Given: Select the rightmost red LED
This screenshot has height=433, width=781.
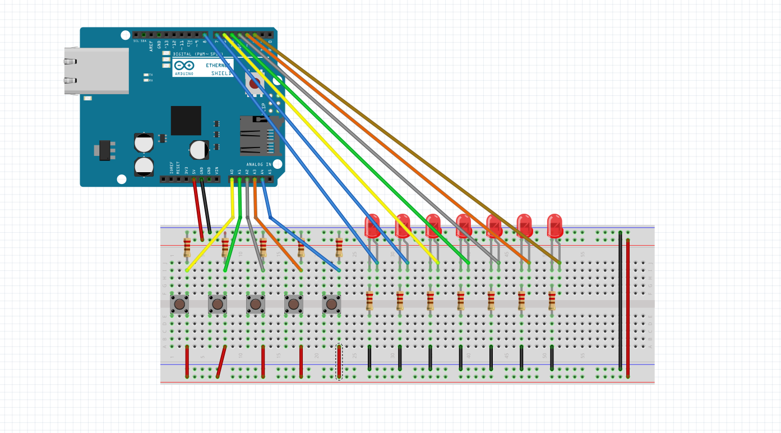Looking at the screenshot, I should coord(554,225).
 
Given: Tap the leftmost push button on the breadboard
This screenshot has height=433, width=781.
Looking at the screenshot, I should coord(179,304).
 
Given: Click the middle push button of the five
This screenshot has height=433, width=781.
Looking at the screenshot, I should coord(256,304).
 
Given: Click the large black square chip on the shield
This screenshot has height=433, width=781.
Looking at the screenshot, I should coord(186,120).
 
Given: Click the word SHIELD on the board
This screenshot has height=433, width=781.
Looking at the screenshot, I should coord(221,73).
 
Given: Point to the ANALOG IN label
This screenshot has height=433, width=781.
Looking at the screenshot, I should coord(258,164).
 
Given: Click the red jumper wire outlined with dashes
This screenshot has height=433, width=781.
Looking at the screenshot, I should coord(339,362).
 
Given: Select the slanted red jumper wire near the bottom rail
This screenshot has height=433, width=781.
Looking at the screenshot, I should coord(221,362).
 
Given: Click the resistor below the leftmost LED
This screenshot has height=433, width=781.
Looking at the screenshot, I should coord(369,301).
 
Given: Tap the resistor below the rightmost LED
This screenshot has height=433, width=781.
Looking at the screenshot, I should coord(552,301).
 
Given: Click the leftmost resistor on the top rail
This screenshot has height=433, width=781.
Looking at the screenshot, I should coord(187,246).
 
